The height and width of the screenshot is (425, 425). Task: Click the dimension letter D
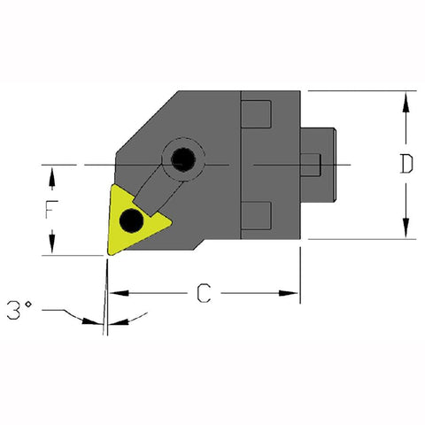[405, 166]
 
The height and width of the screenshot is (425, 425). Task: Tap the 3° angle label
[19, 311]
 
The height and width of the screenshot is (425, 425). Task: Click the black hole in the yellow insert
[132, 219]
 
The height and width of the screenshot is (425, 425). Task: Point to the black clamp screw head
[183, 160]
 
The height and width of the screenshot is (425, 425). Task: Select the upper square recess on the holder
[256, 116]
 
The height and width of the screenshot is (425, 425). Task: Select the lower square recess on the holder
[256, 214]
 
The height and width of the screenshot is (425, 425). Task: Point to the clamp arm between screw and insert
[157, 189]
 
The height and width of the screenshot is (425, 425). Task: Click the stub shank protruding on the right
[321, 166]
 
